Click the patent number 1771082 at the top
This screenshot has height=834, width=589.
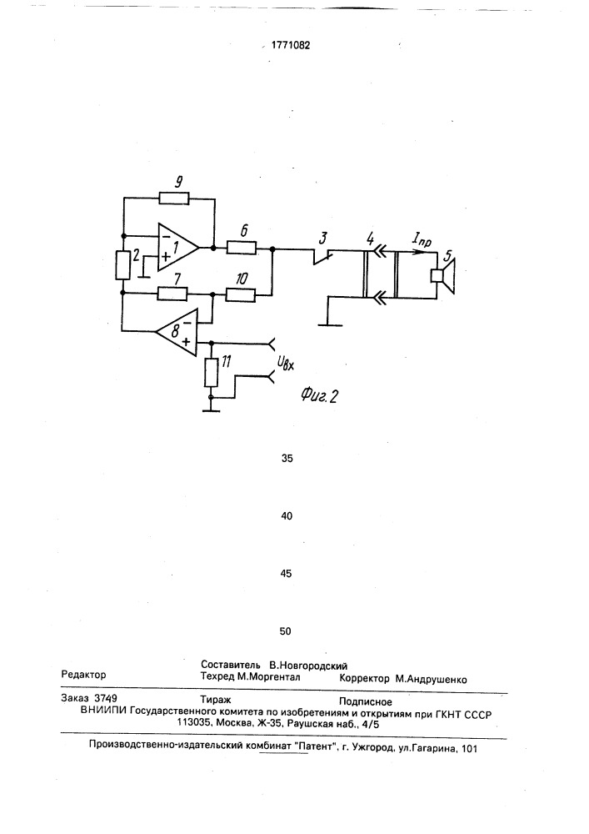tap(291, 45)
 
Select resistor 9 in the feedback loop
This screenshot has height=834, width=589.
tap(173, 198)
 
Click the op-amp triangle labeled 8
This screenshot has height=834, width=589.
tap(177, 332)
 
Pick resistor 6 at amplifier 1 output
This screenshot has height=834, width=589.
tap(242, 248)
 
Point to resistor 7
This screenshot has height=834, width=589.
tap(172, 293)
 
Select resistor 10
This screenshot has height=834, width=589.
tap(241, 293)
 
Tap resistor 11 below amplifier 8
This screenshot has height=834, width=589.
tap(211, 372)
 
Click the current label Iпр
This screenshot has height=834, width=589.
tap(422, 241)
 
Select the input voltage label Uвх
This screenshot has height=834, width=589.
tap(286, 364)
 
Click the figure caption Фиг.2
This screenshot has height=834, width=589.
tap(319, 394)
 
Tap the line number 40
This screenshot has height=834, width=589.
tap(287, 516)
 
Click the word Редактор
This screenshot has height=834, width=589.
tap(83, 675)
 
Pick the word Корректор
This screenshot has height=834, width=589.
tap(364, 679)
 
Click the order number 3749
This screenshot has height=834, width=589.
tap(105, 698)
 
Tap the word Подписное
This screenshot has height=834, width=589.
tap(366, 701)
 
